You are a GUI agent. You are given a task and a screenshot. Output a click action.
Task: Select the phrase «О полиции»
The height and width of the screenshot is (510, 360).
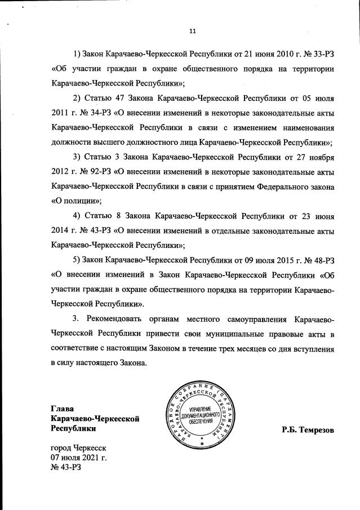[x=74, y=201]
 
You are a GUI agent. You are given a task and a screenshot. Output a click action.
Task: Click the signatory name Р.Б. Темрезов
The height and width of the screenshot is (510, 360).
[x=308, y=430]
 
